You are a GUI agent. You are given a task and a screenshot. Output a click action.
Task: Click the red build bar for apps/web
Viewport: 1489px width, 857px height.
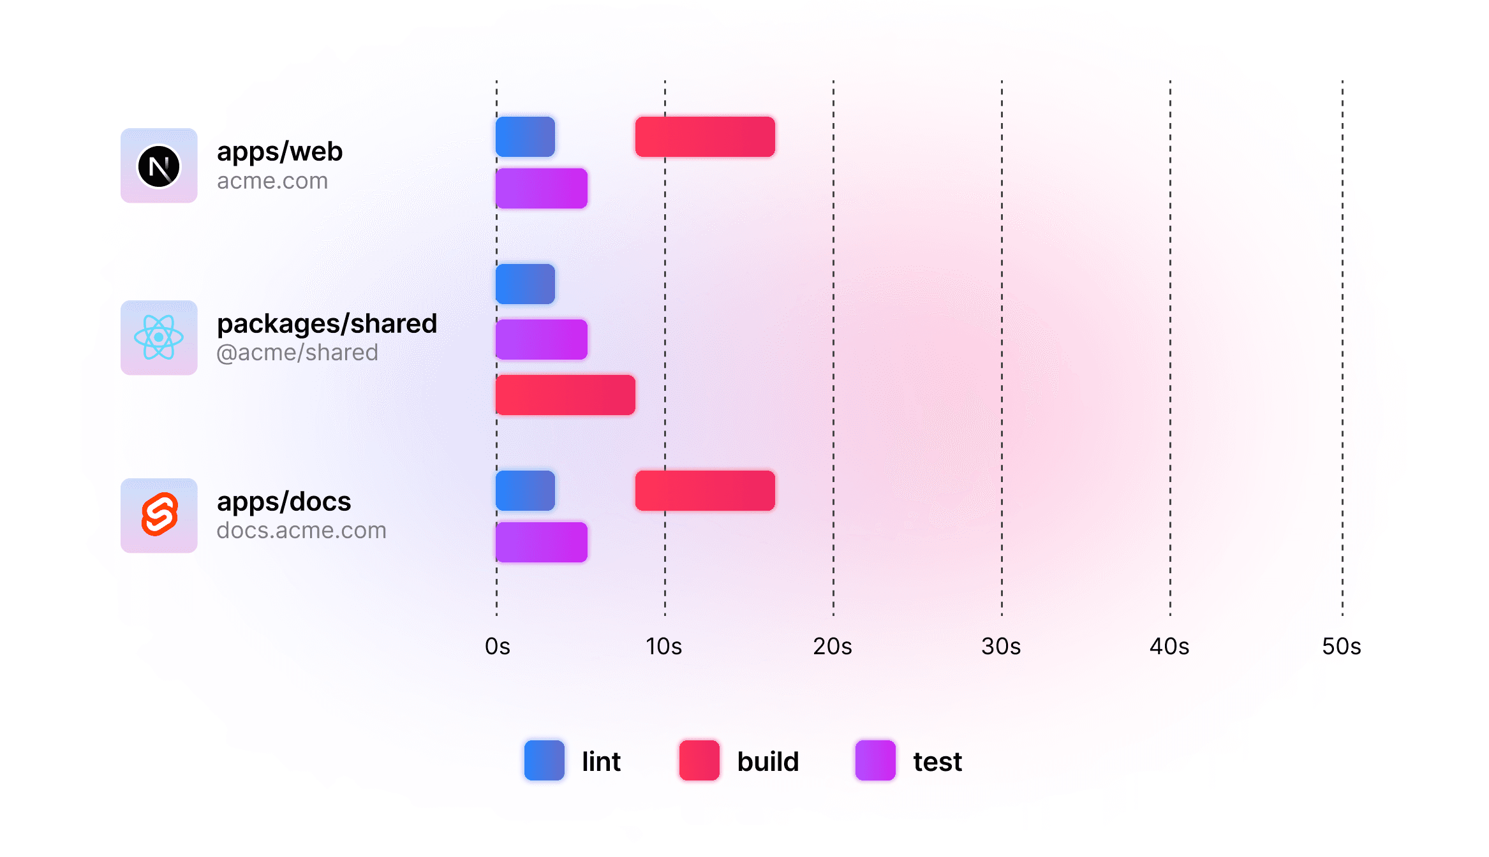point(705,136)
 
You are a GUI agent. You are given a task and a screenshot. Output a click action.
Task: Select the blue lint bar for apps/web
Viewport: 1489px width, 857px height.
point(525,136)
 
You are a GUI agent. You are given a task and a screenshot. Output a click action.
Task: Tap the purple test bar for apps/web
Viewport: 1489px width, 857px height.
point(542,188)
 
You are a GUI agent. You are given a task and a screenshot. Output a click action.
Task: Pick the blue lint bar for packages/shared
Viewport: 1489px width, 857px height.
point(525,284)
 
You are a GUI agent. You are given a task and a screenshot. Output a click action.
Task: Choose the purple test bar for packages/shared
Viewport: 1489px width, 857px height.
point(542,339)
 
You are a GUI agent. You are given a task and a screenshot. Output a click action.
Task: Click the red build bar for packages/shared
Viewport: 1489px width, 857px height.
point(565,395)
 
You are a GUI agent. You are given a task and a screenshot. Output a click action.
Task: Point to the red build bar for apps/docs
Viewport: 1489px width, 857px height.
point(705,490)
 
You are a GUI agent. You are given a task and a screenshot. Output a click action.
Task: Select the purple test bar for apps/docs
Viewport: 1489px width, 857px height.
point(542,542)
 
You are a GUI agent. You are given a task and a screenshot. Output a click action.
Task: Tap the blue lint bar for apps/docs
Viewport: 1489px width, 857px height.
point(525,490)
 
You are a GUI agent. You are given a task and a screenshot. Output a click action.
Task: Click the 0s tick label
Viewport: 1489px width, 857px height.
point(498,647)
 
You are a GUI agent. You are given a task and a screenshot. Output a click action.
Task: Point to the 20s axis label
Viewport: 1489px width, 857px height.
point(833,647)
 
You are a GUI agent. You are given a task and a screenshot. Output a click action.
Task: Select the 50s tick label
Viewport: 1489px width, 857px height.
point(1341,647)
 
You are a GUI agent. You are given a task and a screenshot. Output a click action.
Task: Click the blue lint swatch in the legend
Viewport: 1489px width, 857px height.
point(544,760)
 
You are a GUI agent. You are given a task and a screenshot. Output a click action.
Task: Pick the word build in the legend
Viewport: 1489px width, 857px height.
point(768,761)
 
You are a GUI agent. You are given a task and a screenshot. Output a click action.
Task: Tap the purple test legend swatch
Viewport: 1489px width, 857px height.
point(875,760)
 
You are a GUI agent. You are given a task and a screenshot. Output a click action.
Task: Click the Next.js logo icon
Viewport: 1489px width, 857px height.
point(159,166)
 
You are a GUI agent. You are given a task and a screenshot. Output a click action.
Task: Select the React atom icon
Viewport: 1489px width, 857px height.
point(159,337)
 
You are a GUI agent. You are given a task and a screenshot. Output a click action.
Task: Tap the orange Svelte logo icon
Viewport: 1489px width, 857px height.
point(159,514)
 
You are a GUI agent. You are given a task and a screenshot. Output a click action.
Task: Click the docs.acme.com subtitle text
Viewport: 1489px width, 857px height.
point(301,531)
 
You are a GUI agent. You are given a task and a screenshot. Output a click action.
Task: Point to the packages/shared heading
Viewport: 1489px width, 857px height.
point(327,324)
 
